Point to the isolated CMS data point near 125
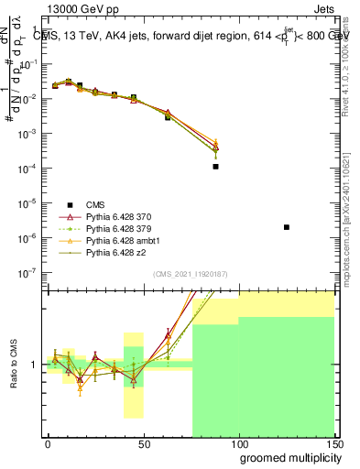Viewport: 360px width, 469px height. tap(287, 227)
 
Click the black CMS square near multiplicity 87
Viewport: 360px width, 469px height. tap(215, 167)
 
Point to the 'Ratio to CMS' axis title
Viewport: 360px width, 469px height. tap(13, 364)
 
